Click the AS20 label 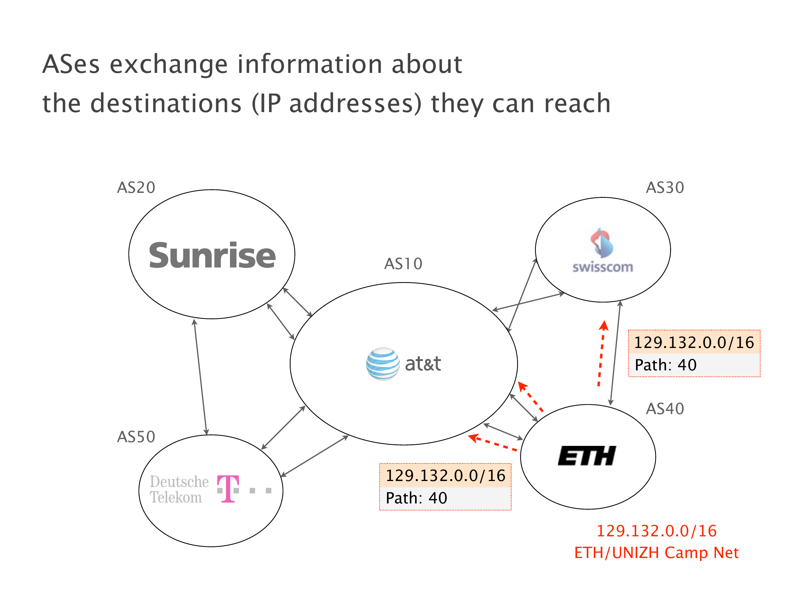[x=136, y=187]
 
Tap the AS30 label [x=665, y=187]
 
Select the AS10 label [x=403, y=263]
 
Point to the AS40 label [x=665, y=409]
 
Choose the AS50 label [x=136, y=437]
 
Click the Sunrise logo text [x=212, y=255]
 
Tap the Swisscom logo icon [x=602, y=243]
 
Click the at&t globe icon [x=383, y=364]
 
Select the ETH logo [x=587, y=456]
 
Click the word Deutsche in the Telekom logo [x=179, y=481]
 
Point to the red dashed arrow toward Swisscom [x=601, y=353]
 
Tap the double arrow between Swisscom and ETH [x=615, y=353]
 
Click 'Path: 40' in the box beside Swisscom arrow [x=666, y=365]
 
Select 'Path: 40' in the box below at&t [x=416, y=498]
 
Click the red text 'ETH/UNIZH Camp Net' [x=656, y=552]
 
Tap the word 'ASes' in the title [x=71, y=64]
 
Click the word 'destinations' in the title [x=166, y=103]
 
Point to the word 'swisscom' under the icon [x=602, y=267]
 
